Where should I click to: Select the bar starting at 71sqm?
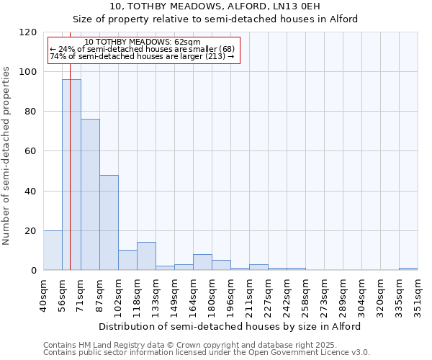(x=90, y=194)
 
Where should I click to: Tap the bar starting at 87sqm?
(x=109, y=222)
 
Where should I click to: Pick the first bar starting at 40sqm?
(x=53, y=251)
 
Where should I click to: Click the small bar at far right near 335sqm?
(x=408, y=269)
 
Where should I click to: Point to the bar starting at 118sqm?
(x=146, y=256)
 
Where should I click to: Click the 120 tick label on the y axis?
(x=28, y=32)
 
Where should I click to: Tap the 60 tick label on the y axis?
(x=31, y=151)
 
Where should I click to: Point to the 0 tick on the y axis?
(x=34, y=271)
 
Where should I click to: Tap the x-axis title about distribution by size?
(x=230, y=326)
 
